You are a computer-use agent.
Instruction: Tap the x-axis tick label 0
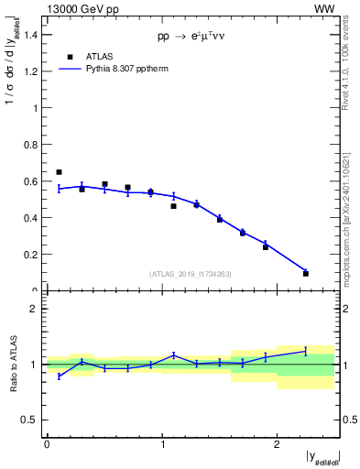[47, 445]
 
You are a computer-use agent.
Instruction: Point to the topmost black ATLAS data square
[59, 171]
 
